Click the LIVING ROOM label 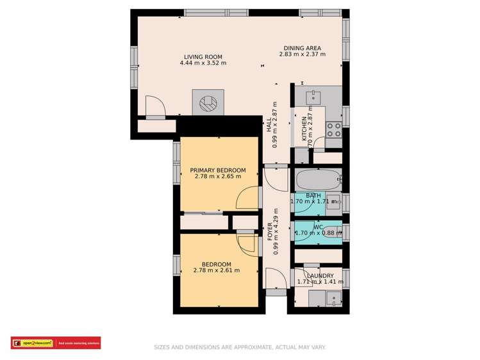pos(203,56)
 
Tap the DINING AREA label pos(302,48)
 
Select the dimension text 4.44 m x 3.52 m pos(203,63)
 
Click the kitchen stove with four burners pos(334,129)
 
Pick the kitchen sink pos(315,97)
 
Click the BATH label pos(313,195)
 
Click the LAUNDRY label pos(320,275)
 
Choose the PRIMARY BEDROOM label pos(218,170)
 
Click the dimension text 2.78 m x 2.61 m pos(217,270)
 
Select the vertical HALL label pos(269,125)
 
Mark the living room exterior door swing pos(154,106)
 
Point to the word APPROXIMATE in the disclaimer pos(252,347)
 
